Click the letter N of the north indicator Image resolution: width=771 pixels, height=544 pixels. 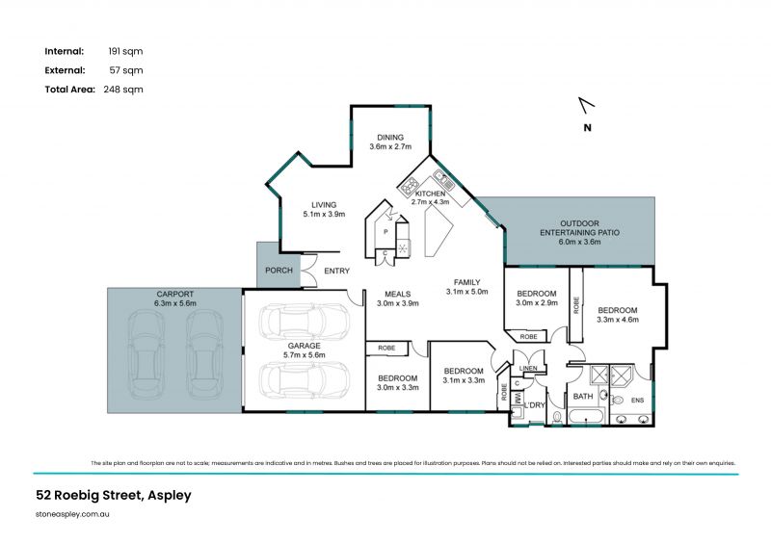point(587,127)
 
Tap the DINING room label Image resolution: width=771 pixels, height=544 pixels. point(390,137)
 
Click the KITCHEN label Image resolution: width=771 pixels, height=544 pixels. point(431,194)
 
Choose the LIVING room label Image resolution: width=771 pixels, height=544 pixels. point(323,204)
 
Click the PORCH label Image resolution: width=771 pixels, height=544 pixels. point(279,271)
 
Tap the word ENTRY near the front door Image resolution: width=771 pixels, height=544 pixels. point(337,271)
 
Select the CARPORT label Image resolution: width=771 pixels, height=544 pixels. point(174,293)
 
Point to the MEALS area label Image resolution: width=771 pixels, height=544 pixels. point(398,294)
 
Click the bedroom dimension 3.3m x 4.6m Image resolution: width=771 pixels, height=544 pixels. point(617,320)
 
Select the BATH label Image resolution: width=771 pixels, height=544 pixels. point(584,396)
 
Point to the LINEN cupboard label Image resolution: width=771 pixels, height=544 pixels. point(527,368)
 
